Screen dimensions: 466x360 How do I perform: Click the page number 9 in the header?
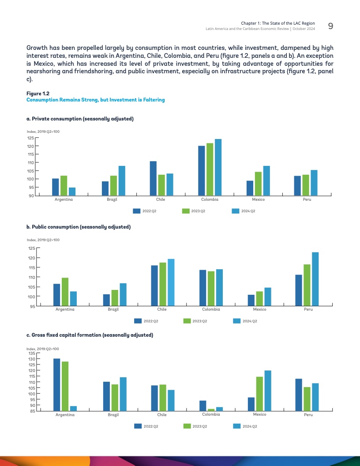pos(330,26)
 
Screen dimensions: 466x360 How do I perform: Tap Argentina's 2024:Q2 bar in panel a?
pos(72,192)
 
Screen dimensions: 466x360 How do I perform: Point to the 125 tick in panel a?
pos(31,138)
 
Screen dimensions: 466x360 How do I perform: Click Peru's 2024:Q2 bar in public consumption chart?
pos(315,278)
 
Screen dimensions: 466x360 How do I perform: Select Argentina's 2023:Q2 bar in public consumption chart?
pos(65,291)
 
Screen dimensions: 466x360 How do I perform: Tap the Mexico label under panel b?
pos(259,309)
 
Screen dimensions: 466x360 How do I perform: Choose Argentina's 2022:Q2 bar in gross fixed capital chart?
pos(57,384)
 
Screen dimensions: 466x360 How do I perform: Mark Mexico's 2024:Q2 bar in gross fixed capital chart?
pos(268,391)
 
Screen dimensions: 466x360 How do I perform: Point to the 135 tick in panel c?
pos(31,353)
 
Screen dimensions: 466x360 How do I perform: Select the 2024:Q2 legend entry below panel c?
pos(245,426)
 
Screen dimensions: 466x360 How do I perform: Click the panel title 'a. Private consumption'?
pos(80,119)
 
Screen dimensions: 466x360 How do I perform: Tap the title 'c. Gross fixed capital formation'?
pos(90,335)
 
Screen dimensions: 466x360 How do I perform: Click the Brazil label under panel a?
pos(112,199)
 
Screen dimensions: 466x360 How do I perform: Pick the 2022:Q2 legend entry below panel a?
pos(145,211)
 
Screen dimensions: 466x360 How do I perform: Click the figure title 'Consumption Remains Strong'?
pos(95,100)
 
